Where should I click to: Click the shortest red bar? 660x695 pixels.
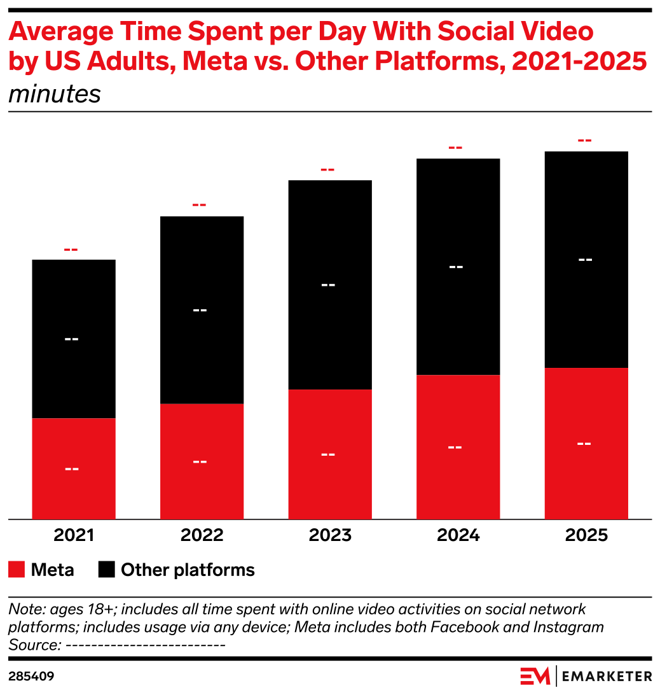click(74, 468)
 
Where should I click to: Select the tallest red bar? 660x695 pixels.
click(586, 444)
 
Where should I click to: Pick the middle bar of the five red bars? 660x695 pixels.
click(330, 454)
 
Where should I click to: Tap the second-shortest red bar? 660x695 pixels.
click(202, 461)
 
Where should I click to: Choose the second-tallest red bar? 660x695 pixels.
click(458, 447)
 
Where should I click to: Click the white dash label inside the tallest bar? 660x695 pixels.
click(584, 444)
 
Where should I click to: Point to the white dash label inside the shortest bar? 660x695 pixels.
click(72, 469)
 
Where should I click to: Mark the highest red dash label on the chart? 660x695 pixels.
click(584, 141)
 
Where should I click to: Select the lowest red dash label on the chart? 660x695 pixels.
click(71, 249)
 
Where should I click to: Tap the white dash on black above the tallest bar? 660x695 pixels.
click(585, 260)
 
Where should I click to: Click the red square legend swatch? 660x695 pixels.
click(17, 569)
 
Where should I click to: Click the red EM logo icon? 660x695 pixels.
click(535, 676)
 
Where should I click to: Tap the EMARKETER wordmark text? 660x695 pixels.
click(607, 676)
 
